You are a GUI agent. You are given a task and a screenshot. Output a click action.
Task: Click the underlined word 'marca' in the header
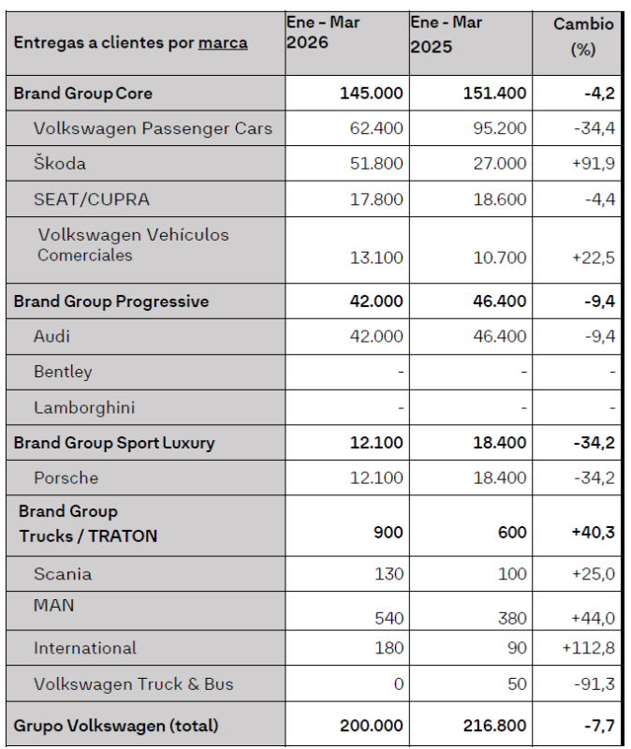tap(223, 42)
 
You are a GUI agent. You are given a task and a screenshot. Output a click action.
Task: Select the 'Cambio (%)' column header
tap(583, 37)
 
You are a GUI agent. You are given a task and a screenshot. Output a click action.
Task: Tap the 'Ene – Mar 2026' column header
tap(323, 32)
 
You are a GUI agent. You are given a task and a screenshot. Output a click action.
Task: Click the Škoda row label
tap(60, 163)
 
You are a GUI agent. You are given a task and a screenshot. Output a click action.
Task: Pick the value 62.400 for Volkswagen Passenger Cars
tap(376, 128)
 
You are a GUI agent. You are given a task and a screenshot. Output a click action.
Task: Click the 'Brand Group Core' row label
tap(83, 94)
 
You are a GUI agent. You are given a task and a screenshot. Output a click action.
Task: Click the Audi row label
tap(51, 336)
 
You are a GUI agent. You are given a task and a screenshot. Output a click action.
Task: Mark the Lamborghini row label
tap(84, 407)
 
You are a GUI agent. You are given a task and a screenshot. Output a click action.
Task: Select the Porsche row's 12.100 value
tap(376, 478)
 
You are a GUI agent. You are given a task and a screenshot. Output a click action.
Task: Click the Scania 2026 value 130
tap(389, 574)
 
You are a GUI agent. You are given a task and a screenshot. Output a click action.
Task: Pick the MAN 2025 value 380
tap(512, 618)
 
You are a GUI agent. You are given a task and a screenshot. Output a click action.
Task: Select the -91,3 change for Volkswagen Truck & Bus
tap(593, 684)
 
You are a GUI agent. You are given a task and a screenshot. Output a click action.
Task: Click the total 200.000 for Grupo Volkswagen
tap(371, 726)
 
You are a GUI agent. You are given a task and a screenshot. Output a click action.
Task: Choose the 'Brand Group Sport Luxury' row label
tap(114, 443)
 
